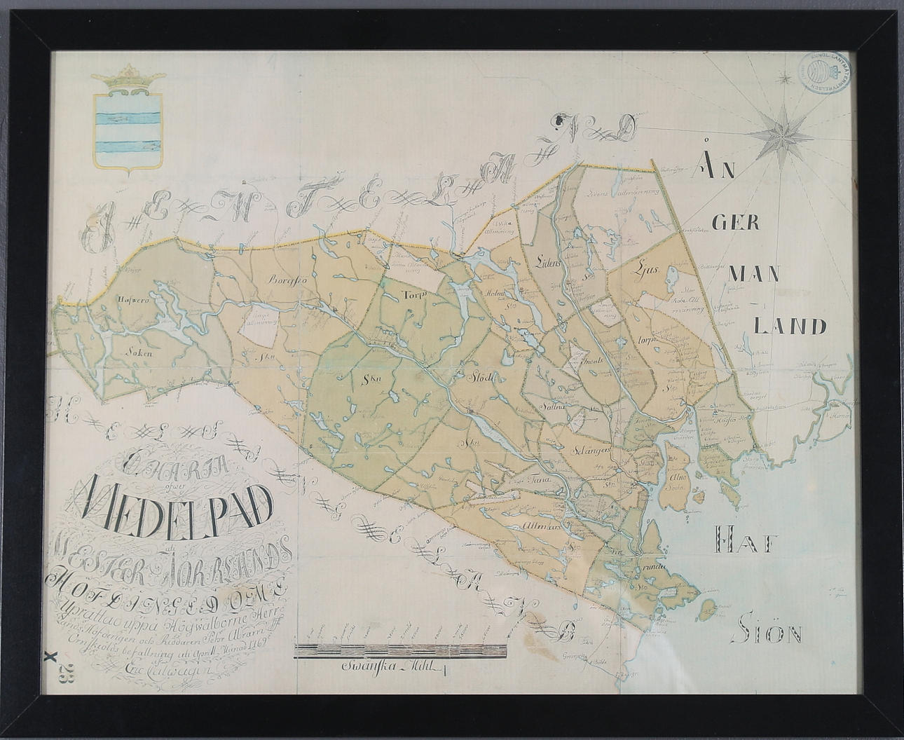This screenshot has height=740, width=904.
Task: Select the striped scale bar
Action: tap(401, 650)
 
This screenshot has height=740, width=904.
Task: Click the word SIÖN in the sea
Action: tap(767, 634)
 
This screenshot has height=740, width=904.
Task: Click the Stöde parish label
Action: tap(482, 378)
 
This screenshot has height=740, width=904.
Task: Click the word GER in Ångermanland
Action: tap(732, 221)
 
